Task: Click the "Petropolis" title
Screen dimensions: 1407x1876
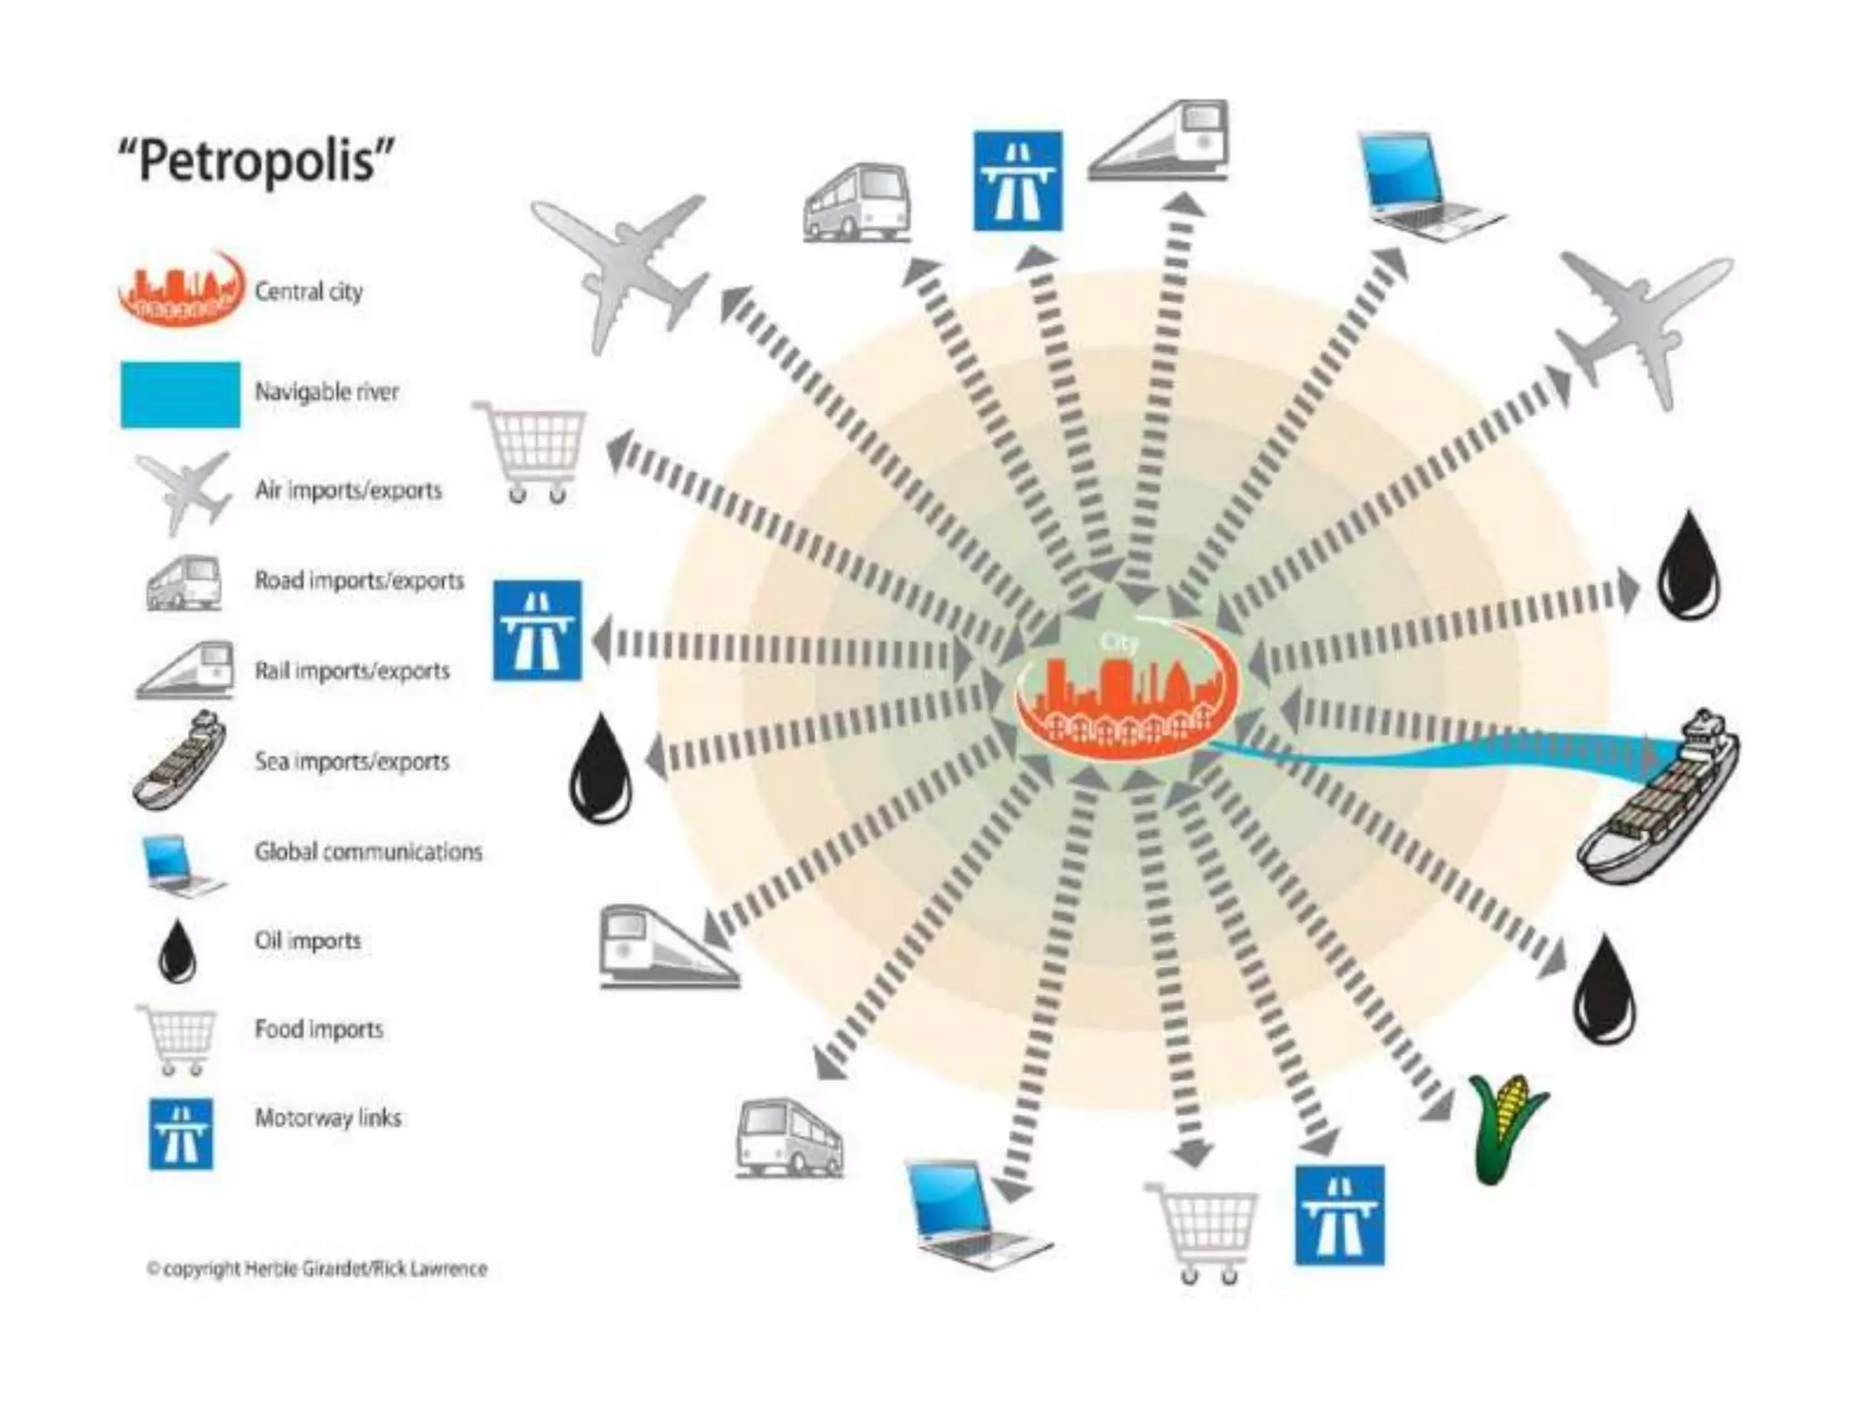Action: coord(256,161)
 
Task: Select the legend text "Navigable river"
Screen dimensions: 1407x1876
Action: coord(327,392)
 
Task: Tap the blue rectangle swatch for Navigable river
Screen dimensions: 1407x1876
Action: coord(180,394)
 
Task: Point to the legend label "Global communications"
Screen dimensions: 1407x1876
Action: coord(368,852)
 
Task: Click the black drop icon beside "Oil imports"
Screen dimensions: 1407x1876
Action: coord(177,951)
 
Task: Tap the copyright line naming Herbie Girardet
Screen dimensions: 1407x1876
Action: coord(317,1269)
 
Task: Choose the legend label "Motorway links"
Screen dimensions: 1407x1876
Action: coord(328,1118)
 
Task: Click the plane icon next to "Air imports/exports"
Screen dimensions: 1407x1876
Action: coord(183,491)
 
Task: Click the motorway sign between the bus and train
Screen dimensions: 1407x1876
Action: coord(1017,181)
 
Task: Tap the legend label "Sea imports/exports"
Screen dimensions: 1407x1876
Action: coord(352,761)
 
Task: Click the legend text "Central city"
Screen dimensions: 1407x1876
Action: coord(309,291)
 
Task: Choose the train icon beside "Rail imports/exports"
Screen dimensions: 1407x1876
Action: coord(186,670)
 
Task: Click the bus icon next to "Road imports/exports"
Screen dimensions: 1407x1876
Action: coord(184,583)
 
